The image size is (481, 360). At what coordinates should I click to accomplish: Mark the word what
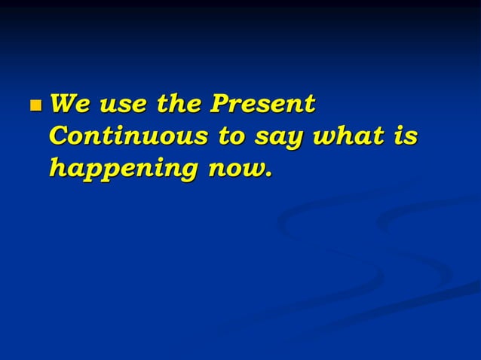pyautogui.click(x=352, y=136)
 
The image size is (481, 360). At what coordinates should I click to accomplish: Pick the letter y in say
pyautogui.click(x=295, y=141)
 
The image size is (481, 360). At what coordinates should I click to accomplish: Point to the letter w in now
pyautogui.click(x=252, y=171)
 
